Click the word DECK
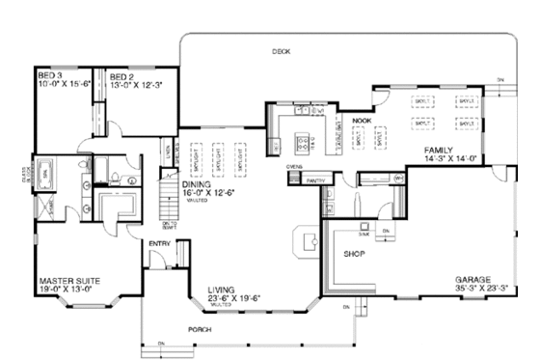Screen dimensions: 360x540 pos(281,50)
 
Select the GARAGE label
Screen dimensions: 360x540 pos(473,279)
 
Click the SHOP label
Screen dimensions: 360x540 pos(351,256)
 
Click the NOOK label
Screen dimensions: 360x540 pos(362,121)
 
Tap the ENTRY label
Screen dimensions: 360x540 pos(159,242)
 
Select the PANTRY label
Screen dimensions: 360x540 pos(313,180)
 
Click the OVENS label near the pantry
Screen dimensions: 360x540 pos(295,167)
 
